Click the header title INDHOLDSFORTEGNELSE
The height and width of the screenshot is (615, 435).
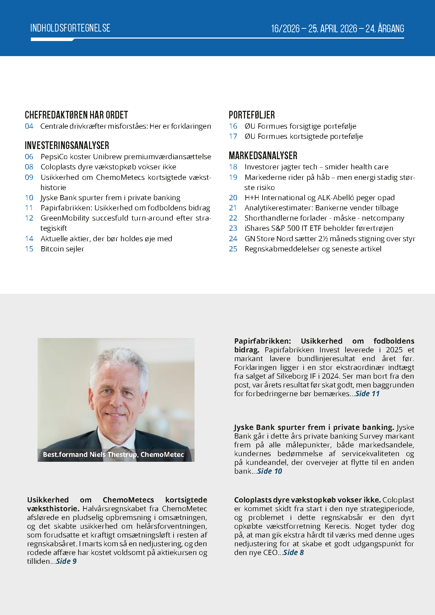click(70, 28)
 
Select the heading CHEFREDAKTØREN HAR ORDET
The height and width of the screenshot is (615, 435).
click(76, 115)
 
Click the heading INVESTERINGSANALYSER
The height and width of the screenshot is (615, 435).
click(67, 146)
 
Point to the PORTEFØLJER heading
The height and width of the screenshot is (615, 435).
click(251, 115)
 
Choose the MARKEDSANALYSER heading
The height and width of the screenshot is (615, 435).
click(263, 156)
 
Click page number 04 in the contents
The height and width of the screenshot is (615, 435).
click(29, 126)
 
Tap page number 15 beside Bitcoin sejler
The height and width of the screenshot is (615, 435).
click(29, 249)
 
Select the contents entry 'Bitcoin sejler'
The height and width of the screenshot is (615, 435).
click(62, 249)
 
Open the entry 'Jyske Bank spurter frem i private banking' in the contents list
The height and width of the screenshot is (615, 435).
click(110, 198)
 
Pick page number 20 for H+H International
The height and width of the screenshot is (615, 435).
click(233, 198)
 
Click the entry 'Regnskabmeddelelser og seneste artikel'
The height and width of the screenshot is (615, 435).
click(313, 249)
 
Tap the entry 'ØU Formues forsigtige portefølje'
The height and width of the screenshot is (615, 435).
click(300, 126)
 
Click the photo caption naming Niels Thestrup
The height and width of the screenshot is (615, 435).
click(113, 455)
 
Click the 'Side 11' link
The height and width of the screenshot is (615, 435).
click(367, 394)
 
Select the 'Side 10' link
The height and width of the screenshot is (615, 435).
click(270, 471)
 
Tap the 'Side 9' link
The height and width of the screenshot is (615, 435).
click(66, 561)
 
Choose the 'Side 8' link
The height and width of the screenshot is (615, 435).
click(293, 553)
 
